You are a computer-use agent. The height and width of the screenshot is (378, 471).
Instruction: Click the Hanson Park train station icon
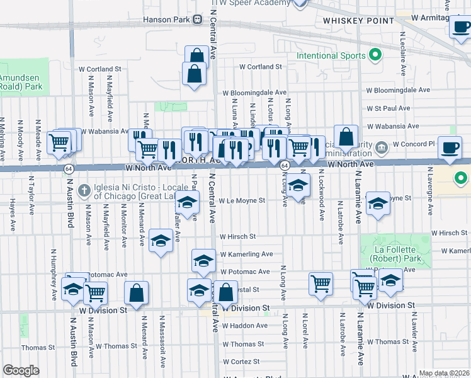click(x=197, y=20)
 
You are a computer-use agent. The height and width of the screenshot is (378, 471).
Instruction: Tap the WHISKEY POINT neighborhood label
click(x=350, y=21)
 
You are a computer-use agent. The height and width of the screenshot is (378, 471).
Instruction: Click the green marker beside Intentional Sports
click(x=376, y=55)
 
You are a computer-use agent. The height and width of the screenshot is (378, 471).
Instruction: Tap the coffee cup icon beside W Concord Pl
click(x=450, y=147)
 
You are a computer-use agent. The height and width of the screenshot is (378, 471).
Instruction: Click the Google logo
click(x=21, y=370)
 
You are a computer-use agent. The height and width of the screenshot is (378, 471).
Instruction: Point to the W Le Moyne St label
click(x=242, y=201)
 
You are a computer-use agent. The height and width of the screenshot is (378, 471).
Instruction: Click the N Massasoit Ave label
click(x=162, y=340)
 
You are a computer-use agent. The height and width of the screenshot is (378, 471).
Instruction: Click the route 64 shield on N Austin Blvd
click(x=67, y=168)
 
